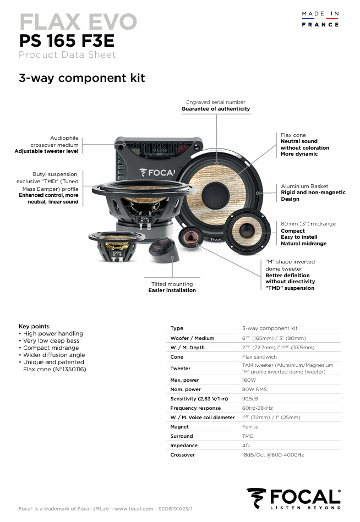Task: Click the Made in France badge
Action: (320, 19)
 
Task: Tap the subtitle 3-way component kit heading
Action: (82, 78)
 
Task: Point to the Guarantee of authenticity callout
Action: (215, 109)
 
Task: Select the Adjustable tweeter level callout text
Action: (47, 151)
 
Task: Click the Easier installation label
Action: (172, 290)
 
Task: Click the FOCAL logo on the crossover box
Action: (157, 172)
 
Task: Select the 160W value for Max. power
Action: (249, 380)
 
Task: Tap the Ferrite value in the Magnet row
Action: (250, 427)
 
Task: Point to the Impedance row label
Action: (184, 446)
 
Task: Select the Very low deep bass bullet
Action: (51, 341)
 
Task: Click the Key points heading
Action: (34, 326)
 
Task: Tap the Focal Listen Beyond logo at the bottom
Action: (294, 498)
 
